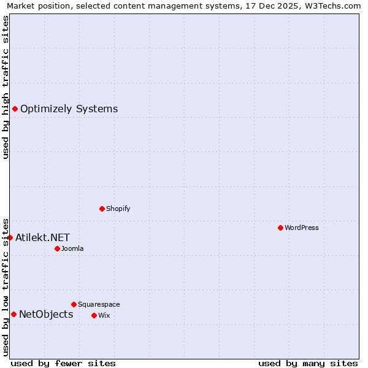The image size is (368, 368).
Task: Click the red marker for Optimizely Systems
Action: (15, 109)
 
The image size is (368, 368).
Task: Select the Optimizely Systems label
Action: (69, 109)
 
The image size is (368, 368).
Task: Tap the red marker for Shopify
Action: (102, 209)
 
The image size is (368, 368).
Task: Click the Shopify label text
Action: (118, 209)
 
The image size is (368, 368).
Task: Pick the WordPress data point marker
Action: (280, 228)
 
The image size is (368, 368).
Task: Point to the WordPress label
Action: (301, 228)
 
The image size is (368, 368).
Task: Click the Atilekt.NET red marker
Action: (10, 237)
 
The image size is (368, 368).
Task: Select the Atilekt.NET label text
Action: (42, 237)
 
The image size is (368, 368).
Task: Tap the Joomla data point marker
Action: (57, 248)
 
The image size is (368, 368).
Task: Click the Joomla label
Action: (72, 248)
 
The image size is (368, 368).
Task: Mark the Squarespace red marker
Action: (74, 304)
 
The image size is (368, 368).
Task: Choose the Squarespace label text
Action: (99, 304)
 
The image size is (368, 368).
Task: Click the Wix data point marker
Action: (94, 315)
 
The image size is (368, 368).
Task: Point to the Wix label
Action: (104, 315)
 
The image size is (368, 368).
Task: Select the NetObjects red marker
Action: (13, 315)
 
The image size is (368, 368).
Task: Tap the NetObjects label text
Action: (46, 315)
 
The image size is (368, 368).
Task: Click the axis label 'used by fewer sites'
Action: (63, 363)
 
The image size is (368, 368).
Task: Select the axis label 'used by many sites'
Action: (308, 363)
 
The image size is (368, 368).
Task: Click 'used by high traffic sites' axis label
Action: (6, 87)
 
